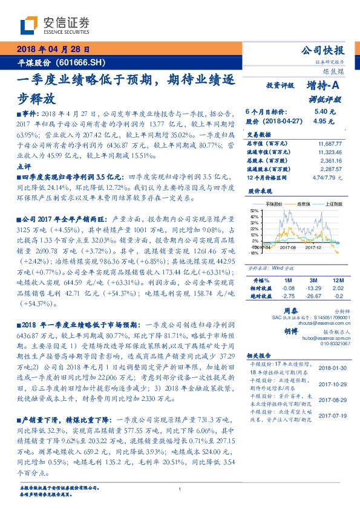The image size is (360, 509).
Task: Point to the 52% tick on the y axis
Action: [253, 210]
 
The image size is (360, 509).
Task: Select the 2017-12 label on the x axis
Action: [313, 247]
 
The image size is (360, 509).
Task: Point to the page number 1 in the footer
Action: [180, 490]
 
